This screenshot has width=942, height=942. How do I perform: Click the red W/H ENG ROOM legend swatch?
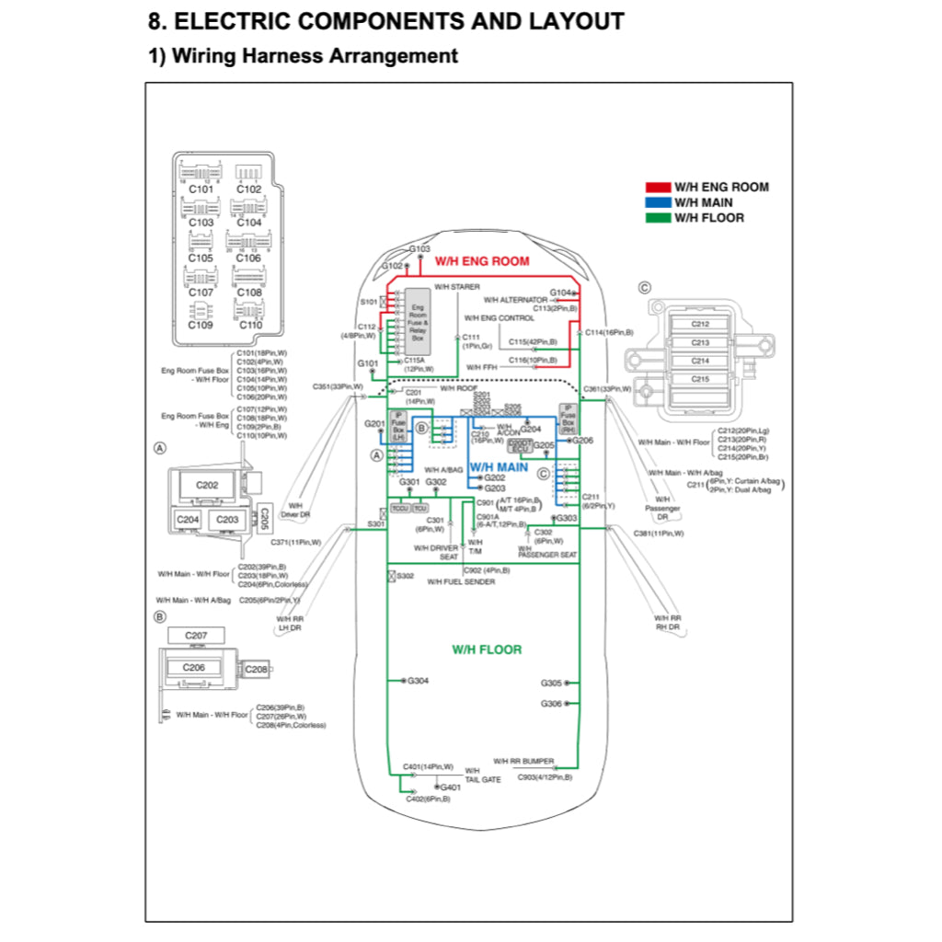tap(658, 187)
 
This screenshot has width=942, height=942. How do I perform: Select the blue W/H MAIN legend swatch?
tap(658, 202)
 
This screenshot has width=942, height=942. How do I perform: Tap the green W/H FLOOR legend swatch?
tap(658, 218)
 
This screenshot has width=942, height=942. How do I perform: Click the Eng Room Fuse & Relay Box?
tap(418, 324)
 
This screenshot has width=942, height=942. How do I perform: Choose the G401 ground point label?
tap(451, 787)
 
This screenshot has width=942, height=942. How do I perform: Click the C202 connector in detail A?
tap(208, 485)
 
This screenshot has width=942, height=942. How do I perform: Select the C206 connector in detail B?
tap(193, 668)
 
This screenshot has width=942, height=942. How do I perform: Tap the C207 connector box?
tap(196, 636)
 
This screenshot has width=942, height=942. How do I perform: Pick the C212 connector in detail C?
tap(700, 324)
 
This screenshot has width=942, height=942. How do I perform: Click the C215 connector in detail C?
tap(700, 379)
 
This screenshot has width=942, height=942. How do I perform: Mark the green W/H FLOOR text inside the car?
tap(487, 649)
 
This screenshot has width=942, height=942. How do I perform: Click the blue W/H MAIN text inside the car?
tap(499, 466)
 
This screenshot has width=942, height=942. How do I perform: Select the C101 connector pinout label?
tap(201, 190)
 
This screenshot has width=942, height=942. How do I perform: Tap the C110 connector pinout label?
tap(250, 325)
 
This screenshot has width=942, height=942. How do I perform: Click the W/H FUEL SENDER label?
tap(461, 582)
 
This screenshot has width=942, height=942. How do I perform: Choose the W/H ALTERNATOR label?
tap(515, 300)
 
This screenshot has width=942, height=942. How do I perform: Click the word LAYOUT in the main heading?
tap(571, 21)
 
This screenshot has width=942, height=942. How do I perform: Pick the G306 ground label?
tap(551, 704)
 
